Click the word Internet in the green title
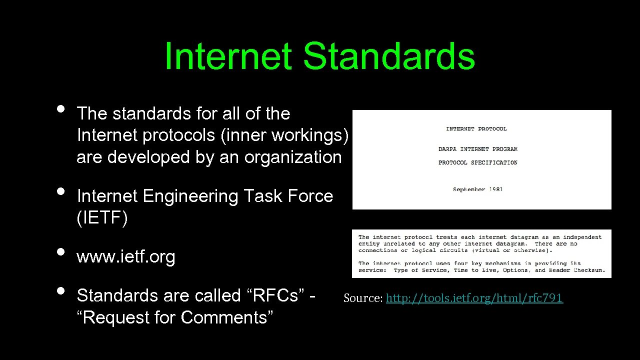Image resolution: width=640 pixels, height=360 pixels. coord(228,56)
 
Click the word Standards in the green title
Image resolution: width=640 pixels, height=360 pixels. coord(388,56)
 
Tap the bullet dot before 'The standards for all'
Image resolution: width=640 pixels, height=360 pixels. coord(61,108)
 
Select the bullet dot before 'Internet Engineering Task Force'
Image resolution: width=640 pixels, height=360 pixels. coord(61,190)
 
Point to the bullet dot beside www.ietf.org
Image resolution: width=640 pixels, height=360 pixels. coord(61,251)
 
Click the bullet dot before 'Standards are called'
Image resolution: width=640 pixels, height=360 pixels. coord(61,290)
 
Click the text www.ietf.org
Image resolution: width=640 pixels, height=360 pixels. coord(125,257)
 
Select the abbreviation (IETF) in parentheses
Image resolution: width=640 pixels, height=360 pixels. coord(102,218)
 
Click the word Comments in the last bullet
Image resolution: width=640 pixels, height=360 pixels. coord(226,317)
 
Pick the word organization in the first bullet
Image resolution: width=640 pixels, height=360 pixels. coord(292,157)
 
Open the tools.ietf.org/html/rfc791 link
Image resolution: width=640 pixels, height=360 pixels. coord(474,298)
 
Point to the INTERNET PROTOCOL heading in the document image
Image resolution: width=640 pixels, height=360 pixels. coord(476,129)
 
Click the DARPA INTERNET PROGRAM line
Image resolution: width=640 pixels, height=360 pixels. coord(478,149)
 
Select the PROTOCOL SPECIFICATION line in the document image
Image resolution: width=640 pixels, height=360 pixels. coord(478,162)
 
